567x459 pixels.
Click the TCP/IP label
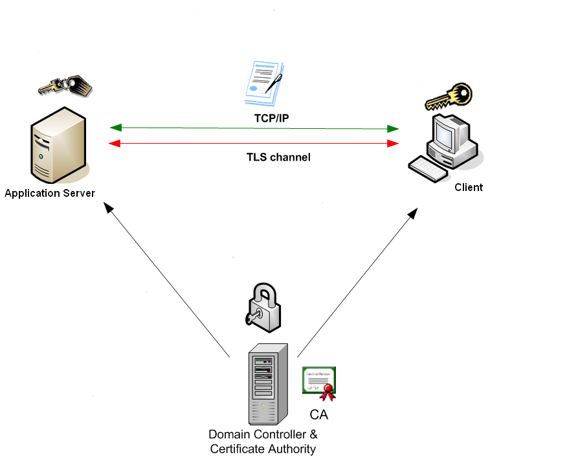pos(271,118)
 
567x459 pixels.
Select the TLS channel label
pos(278,157)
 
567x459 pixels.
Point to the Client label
pos(469,187)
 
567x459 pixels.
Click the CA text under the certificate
pos(318,414)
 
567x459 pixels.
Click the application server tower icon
pos(58,146)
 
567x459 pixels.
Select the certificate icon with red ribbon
pos(320,383)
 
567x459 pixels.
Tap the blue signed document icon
pos(263,82)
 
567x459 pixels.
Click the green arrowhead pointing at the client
pos(393,129)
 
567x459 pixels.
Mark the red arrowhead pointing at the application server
pos(115,143)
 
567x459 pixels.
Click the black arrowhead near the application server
pos(109,207)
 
